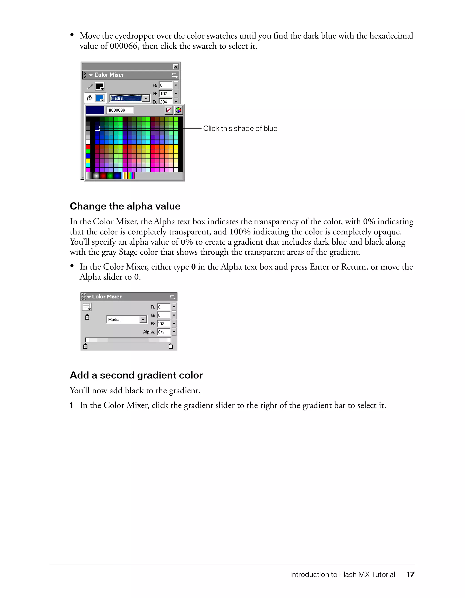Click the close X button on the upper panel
[176, 67]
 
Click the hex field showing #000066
[120, 110]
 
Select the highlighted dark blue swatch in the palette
[97, 128]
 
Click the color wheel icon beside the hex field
[178, 110]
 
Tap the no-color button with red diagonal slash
[169, 110]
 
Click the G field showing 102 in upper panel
[165, 94]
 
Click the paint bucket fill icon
[89, 98]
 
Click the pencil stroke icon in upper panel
[90, 87]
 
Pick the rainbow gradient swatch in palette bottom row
[128, 176]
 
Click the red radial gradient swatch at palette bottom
[103, 176]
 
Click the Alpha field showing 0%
[163, 332]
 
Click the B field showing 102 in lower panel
[163, 324]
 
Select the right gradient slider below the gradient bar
[171, 346]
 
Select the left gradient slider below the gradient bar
[85, 346]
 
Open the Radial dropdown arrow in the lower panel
[143, 320]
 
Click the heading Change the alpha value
[125, 206]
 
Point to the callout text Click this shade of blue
[240, 128]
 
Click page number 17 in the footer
[410, 574]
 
